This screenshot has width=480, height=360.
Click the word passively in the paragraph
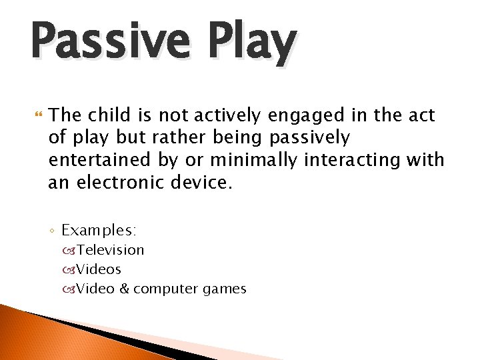(309, 139)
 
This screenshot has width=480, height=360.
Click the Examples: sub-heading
(99, 231)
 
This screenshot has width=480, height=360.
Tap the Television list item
(110, 250)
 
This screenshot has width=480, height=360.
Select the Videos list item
(99, 269)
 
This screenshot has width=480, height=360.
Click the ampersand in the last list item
(125, 289)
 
